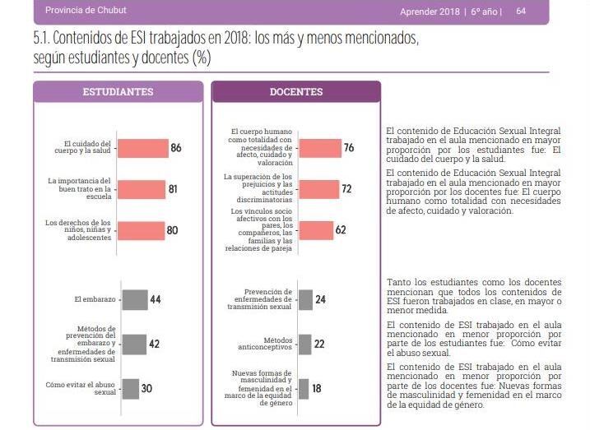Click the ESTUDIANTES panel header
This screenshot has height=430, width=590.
click(118, 91)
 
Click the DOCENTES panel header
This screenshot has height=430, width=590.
click(296, 91)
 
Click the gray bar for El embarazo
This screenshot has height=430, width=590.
click(134, 300)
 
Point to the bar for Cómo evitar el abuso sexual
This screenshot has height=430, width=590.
click(129, 388)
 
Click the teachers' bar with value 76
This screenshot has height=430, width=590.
click(319, 148)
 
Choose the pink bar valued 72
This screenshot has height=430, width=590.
click(318, 189)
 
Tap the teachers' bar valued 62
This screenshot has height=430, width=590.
click(315, 230)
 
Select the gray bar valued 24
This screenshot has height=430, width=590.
click(304, 300)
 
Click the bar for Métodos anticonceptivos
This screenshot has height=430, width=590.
click(304, 344)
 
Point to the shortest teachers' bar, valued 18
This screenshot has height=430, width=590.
click(303, 388)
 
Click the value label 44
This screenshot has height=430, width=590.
click(155, 300)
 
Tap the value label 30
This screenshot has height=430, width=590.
click(146, 388)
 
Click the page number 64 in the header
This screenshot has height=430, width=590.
click(521, 11)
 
